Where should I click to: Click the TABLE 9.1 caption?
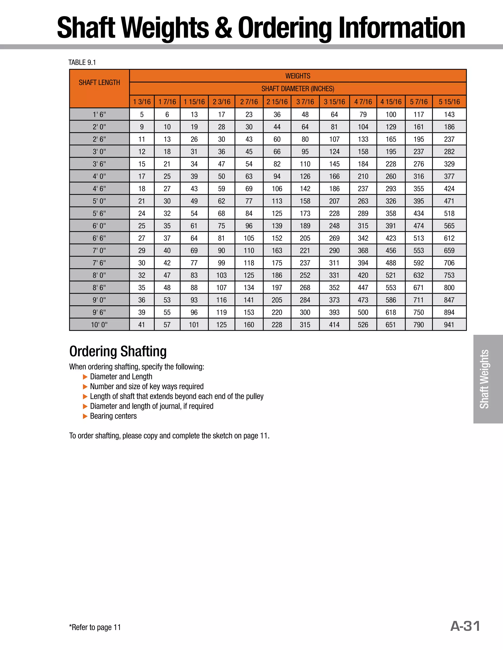(82, 63)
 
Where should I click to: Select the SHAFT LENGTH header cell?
(99, 82)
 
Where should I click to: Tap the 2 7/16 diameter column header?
(249, 102)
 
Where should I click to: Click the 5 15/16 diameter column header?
(449, 102)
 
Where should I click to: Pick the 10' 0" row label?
(99, 325)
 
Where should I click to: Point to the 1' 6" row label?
(99, 115)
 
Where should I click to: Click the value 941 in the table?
(449, 325)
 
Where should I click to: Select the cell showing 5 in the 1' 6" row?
(142, 115)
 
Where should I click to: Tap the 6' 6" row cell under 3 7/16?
(305, 238)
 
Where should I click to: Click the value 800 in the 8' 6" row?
(449, 287)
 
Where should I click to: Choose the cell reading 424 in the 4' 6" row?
(449, 189)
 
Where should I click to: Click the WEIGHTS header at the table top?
(298, 76)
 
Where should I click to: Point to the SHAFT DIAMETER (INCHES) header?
(298, 89)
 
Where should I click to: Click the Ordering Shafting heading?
(118, 351)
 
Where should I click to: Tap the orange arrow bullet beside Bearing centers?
(85, 416)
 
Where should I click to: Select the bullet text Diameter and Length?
(121, 377)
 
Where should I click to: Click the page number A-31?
(465, 626)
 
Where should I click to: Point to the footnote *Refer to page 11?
(95, 627)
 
